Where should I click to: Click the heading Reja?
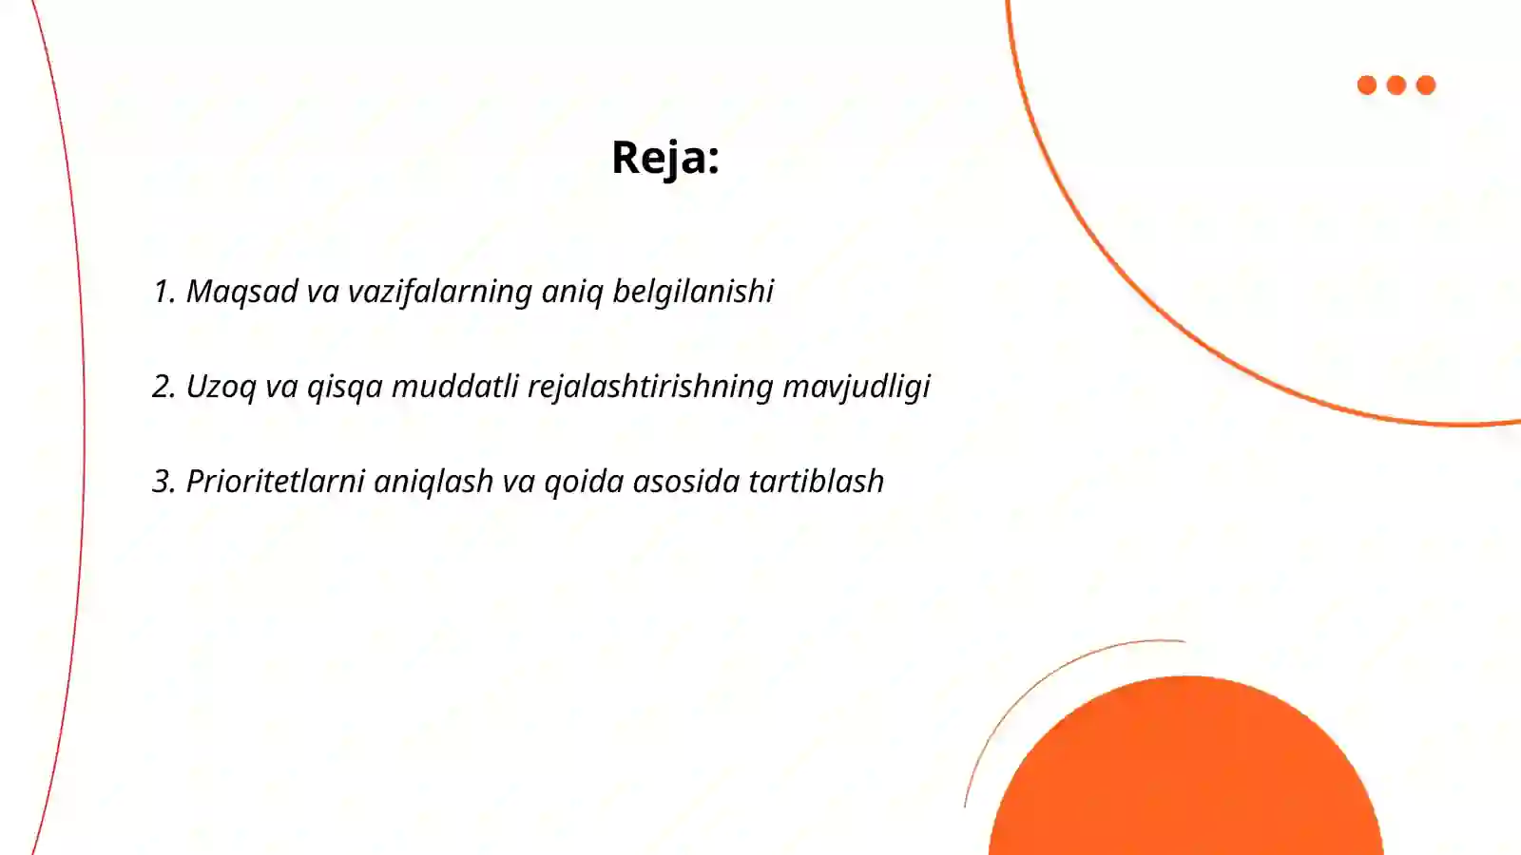[664, 158]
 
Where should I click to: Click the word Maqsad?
[241, 292]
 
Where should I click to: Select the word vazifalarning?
[439, 292]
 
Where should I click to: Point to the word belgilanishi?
[692, 292]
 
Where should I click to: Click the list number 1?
[163, 292]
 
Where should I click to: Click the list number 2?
[164, 387]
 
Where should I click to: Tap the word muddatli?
[454, 387]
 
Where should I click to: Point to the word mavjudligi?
[856, 387]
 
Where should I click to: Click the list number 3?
[164, 482]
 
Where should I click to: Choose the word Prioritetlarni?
[275, 482]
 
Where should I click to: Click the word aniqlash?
[433, 482]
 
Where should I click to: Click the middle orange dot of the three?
[1396, 85]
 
